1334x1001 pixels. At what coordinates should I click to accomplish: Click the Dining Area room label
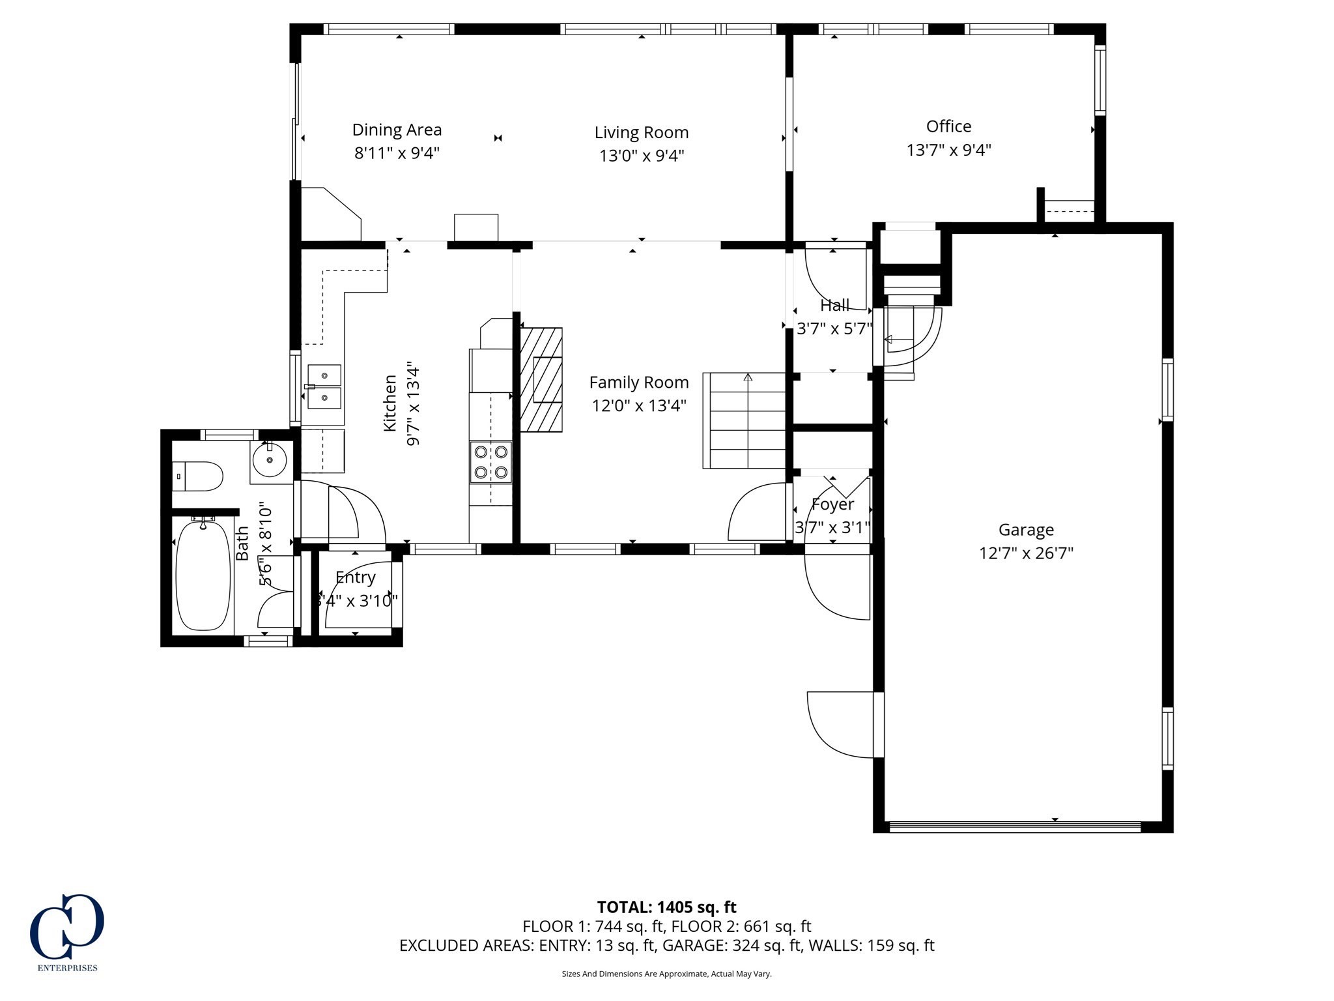397,130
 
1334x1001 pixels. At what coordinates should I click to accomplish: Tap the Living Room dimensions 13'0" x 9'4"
642,156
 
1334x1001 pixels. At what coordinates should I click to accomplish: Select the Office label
948,126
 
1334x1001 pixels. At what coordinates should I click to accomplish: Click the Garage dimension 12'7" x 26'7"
1026,553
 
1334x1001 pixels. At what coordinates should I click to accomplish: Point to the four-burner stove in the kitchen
491,462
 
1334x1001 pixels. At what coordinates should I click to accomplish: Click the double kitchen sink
324,386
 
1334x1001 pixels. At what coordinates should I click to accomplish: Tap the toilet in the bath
198,476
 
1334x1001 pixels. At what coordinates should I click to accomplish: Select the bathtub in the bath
203,575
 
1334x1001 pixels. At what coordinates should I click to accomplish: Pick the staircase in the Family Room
745,420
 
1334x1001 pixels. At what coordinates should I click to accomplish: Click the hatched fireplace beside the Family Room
541,379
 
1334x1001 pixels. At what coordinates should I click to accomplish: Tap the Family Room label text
638,383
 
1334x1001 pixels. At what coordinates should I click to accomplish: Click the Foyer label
832,504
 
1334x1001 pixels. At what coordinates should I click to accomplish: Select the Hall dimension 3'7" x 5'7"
834,329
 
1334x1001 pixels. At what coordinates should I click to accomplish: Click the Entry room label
355,577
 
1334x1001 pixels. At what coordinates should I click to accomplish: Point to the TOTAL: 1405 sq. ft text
666,907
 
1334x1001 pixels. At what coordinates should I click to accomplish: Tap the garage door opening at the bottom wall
1014,827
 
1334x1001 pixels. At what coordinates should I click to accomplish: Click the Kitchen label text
390,403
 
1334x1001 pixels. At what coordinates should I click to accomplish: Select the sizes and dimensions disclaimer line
666,974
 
